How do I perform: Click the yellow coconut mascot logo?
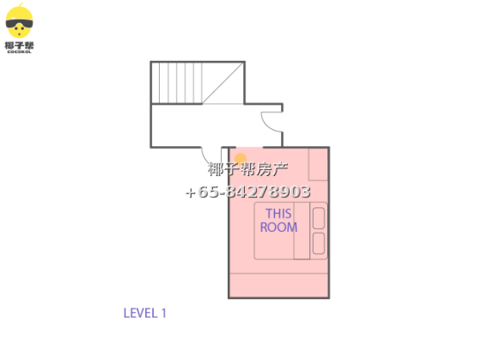tap(19, 21)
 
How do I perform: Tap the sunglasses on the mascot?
tap(19, 23)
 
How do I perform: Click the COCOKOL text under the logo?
tap(19, 52)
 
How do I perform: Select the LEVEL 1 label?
tap(144, 313)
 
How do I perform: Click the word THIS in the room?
tap(278, 214)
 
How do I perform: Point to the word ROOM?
tap(278, 227)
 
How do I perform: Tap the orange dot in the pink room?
tap(241, 159)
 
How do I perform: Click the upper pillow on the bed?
tap(319, 218)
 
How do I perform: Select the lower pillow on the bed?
tap(319, 243)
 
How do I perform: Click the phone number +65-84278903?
tap(248, 192)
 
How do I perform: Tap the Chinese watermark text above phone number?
tap(247, 169)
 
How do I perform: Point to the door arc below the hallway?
tap(207, 156)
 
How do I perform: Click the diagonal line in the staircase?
tap(223, 82)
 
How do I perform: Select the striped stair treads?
tap(176, 82)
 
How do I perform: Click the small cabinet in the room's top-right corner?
tap(318, 164)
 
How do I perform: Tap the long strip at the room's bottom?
tap(278, 285)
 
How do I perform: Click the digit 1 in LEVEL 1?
tap(163, 313)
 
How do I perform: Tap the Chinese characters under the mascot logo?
tap(19, 46)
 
